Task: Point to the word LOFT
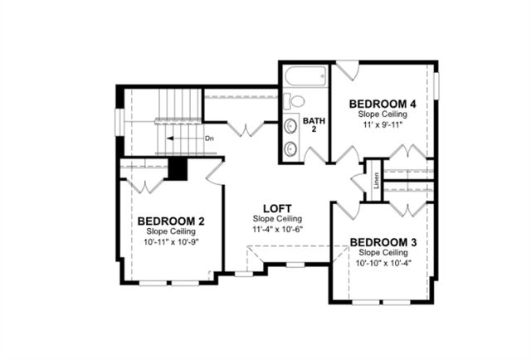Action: point(277,207)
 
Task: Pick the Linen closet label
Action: point(376,180)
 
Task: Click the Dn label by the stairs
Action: point(209,139)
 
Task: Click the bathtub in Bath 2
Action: point(304,77)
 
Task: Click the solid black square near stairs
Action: point(178,168)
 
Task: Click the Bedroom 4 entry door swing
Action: point(347,153)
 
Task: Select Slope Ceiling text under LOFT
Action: point(277,218)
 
